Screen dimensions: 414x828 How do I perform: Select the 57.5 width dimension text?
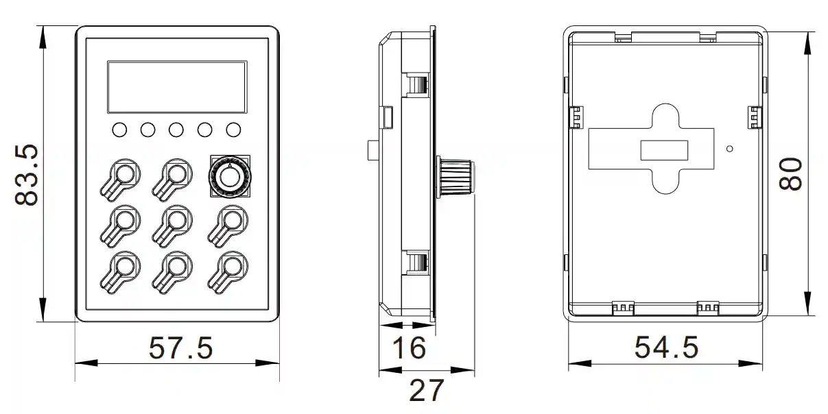tap(181, 348)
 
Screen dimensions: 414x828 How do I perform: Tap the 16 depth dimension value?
tap(410, 348)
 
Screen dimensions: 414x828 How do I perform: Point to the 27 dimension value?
tap(426, 391)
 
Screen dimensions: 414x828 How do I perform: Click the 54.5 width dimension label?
tap(666, 348)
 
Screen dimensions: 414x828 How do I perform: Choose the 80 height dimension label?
tap(792, 175)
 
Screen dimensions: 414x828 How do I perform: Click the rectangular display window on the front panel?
tap(177, 87)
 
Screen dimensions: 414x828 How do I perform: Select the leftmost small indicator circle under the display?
tap(119, 130)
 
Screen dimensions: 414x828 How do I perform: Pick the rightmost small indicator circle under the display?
tap(234, 130)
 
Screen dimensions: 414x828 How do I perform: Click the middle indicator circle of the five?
tap(176, 130)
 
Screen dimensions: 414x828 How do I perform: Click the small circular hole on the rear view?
tap(731, 148)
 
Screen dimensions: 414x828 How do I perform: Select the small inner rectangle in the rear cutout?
tap(664, 150)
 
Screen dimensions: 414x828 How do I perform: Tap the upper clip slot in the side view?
tap(416, 84)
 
